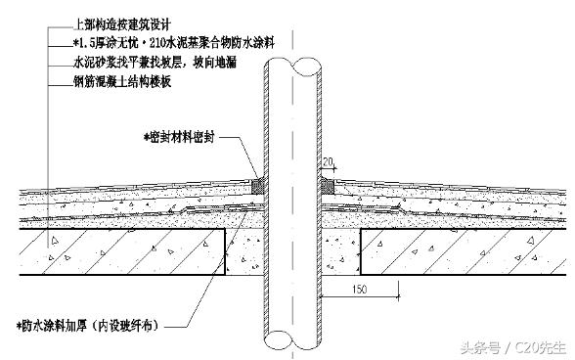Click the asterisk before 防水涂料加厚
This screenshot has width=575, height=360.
click(x=21, y=324)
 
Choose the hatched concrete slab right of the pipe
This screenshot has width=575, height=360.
click(x=460, y=250)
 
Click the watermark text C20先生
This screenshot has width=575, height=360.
click(x=537, y=344)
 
